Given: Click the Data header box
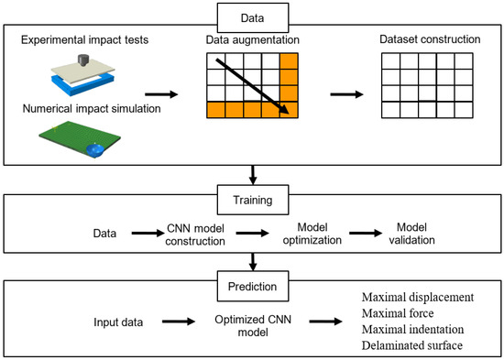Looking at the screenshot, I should (x=251, y=16).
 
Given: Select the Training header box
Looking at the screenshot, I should (x=251, y=196).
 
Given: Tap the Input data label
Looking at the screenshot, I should (x=126, y=322).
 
